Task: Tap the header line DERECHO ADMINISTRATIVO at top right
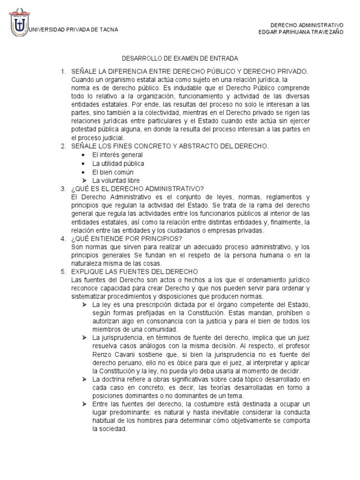pos(307,25)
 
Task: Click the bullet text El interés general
pos(118,155)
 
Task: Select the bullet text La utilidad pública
pos(118,164)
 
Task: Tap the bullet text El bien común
pos(116,172)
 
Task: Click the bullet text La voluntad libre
pos(116,180)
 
